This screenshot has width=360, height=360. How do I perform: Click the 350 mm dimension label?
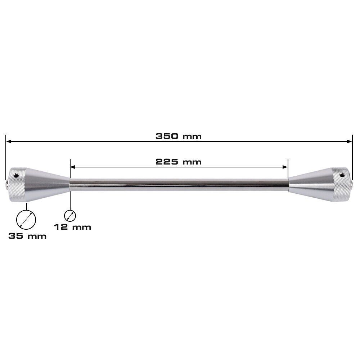click(x=179, y=136)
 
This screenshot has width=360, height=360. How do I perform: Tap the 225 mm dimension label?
click(x=179, y=162)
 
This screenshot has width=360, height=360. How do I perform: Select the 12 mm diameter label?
click(x=73, y=227)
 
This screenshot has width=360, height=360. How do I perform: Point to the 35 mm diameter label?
click(x=27, y=236)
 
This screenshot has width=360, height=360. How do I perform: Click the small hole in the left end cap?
click(x=16, y=176)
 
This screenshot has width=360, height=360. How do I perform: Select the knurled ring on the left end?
click(x=18, y=185)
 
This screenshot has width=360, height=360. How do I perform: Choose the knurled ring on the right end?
click(x=341, y=184)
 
